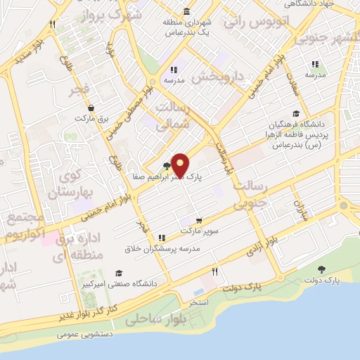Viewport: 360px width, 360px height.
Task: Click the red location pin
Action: click(x=180, y=165)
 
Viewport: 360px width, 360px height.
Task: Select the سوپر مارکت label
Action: click(x=200, y=231)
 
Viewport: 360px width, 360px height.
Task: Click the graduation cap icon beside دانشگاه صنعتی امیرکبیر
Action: click(x=118, y=273)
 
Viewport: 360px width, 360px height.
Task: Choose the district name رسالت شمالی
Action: click(x=166, y=113)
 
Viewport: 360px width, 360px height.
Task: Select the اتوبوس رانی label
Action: click(x=257, y=21)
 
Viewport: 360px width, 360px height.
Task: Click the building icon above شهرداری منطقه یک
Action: click(x=186, y=11)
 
